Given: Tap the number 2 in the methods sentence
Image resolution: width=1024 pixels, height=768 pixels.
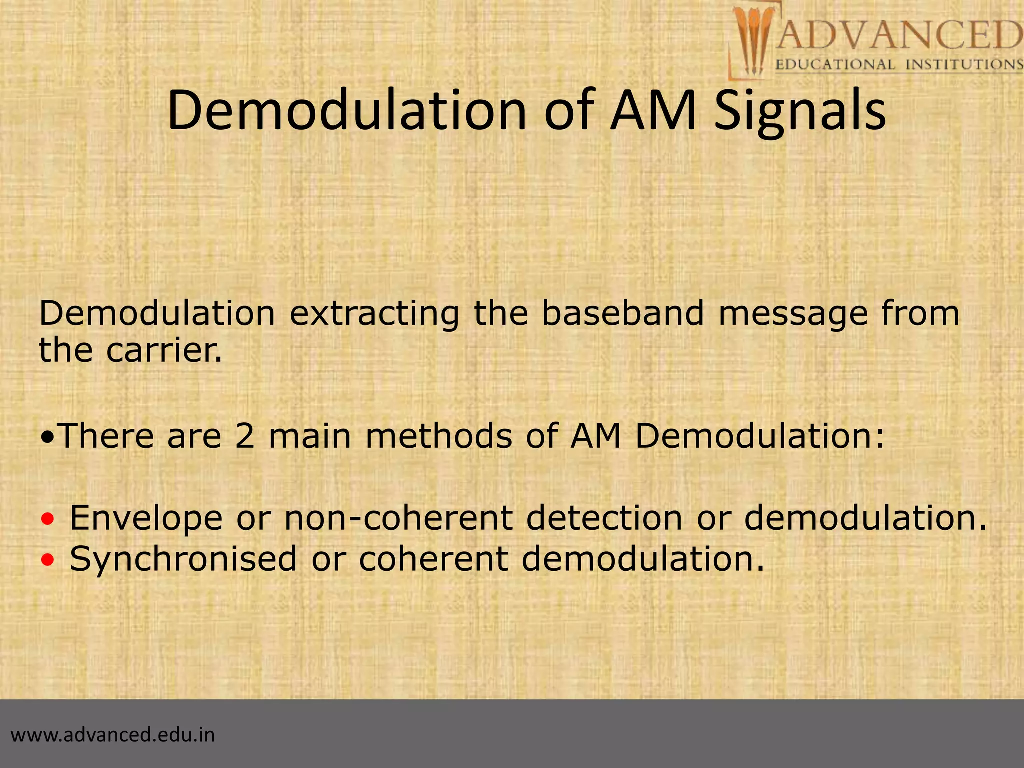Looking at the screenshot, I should (x=244, y=436).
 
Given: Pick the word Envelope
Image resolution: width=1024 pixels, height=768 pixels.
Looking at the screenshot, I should (x=146, y=519).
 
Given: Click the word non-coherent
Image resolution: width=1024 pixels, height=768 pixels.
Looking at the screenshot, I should (x=398, y=518).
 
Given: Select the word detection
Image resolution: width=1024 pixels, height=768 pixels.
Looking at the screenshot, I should (x=604, y=518).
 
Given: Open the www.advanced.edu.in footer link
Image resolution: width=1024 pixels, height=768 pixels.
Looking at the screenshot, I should (x=113, y=735).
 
